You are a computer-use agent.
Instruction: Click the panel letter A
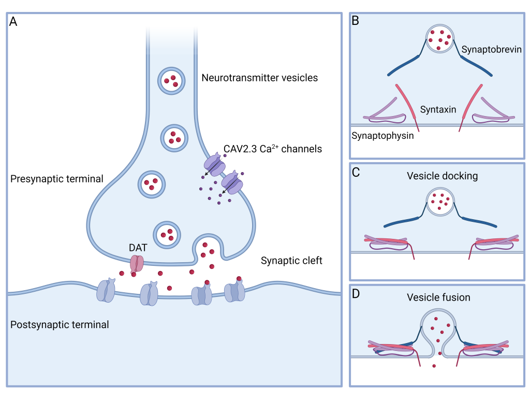click(x=13, y=22)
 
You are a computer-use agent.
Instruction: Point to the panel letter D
click(x=356, y=294)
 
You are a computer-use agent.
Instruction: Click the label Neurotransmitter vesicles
click(x=259, y=78)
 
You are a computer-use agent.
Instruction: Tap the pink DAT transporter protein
click(x=136, y=263)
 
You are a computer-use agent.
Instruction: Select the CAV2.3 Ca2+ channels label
click(x=273, y=149)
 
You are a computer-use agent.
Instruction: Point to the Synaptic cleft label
click(x=291, y=261)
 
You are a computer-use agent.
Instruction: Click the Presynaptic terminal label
click(x=56, y=179)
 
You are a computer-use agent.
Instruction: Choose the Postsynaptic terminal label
click(x=60, y=325)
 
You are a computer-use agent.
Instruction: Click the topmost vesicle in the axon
click(x=170, y=80)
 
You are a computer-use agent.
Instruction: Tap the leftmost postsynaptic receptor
click(x=107, y=291)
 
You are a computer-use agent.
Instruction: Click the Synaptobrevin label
click(x=490, y=49)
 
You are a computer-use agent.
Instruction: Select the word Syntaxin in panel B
click(x=438, y=109)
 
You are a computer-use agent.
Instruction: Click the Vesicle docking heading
click(x=442, y=176)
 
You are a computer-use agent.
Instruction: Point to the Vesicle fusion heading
click(x=438, y=297)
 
